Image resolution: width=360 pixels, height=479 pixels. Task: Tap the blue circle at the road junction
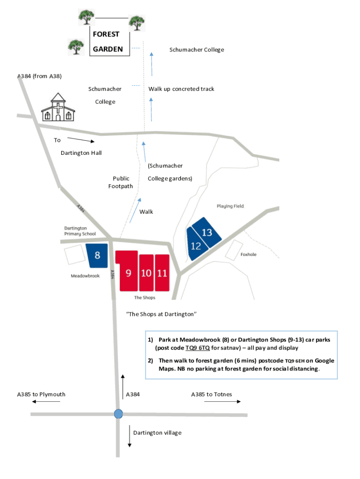(x=118, y=414)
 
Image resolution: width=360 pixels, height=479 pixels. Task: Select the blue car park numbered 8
(x=97, y=255)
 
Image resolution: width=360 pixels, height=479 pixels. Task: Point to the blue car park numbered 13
(x=207, y=232)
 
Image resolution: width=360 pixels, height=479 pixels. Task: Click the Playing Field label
(x=230, y=206)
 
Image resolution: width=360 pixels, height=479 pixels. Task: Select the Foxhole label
(x=248, y=255)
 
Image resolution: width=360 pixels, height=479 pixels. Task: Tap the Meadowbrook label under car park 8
(x=85, y=276)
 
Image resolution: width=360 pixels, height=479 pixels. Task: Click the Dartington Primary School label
(x=80, y=231)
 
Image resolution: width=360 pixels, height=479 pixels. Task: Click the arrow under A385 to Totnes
(x=229, y=401)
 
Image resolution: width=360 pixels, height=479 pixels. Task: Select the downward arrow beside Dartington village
(x=130, y=436)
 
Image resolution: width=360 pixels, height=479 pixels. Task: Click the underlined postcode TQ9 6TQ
(x=197, y=348)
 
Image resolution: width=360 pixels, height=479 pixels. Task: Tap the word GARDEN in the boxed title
(x=108, y=49)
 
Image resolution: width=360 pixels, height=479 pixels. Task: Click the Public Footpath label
(x=121, y=182)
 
